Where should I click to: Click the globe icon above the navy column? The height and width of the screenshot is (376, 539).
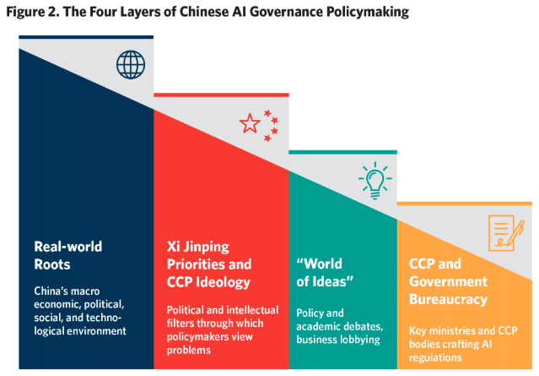click(x=131, y=64)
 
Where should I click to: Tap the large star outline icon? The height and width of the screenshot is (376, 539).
click(x=250, y=124)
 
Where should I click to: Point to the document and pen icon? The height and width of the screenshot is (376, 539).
click(x=503, y=232)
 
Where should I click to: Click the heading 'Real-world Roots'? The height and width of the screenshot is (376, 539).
click(x=67, y=255)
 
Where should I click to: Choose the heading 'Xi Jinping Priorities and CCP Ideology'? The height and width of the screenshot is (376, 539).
click(x=208, y=264)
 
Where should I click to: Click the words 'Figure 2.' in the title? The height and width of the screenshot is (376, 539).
click(x=31, y=11)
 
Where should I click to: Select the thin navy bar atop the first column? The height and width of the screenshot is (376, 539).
click(x=86, y=36)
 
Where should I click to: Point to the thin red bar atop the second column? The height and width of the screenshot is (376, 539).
click(x=221, y=94)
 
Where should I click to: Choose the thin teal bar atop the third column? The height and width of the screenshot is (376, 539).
click(x=342, y=152)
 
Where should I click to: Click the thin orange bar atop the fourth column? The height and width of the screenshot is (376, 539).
click(x=465, y=203)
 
